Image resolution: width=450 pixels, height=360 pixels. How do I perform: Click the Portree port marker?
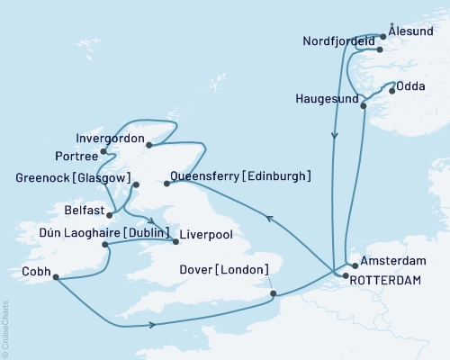pos(106,152)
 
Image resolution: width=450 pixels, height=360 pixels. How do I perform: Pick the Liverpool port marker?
pos(175,240)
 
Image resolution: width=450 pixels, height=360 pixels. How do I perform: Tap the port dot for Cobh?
pos(55,277)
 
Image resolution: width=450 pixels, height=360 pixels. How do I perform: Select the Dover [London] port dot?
pos(273,292)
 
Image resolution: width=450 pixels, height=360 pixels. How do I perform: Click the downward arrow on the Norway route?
pos(335,137)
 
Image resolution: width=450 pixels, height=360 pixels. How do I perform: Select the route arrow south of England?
pos(156,324)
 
